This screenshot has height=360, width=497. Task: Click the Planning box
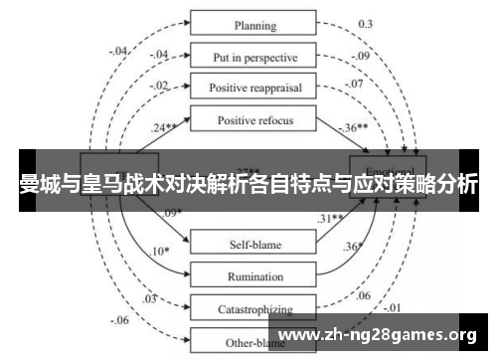click(x=254, y=24)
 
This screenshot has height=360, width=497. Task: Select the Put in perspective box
click(x=254, y=56)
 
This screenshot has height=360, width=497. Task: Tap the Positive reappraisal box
click(x=254, y=87)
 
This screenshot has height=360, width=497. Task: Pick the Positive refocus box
click(x=254, y=120)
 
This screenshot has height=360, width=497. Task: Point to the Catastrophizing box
click(x=254, y=309)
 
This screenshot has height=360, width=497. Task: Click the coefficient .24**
click(x=166, y=128)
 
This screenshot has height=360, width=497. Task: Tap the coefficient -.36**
click(x=354, y=128)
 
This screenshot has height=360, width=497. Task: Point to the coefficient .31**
click(x=331, y=219)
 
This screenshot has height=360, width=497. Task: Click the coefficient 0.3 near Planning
click(x=365, y=23)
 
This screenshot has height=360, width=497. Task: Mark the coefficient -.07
click(x=355, y=84)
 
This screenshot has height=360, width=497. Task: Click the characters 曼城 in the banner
click(x=40, y=184)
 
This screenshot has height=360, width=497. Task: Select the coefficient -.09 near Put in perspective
click(x=359, y=56)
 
